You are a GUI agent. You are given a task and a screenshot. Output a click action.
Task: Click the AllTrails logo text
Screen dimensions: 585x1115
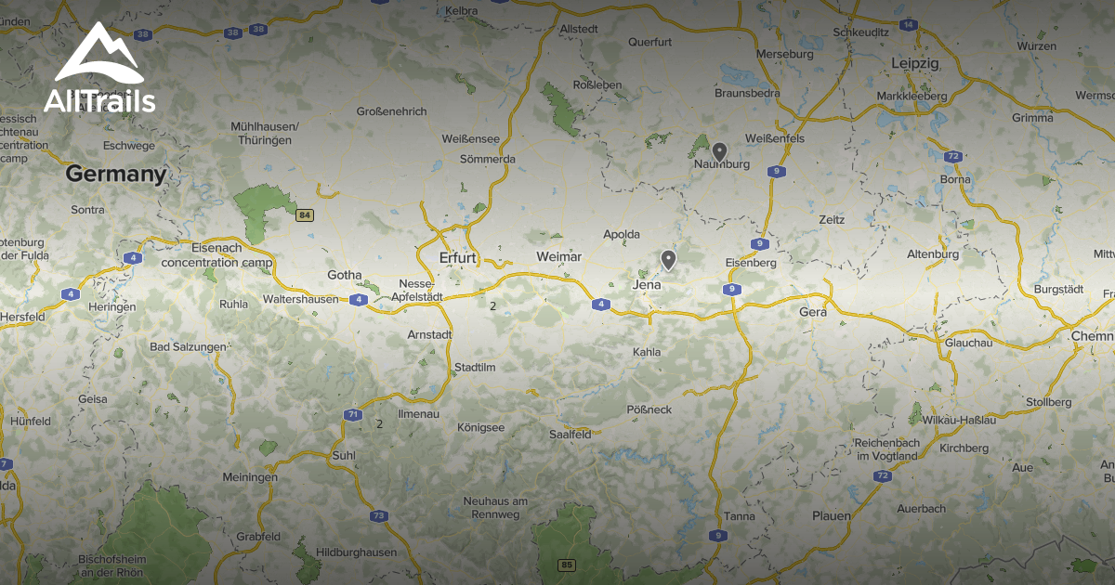coord(99,101)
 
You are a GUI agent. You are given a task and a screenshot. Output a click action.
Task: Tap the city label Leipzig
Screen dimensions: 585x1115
coord(914,63)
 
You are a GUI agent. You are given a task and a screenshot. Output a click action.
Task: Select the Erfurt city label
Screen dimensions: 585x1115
coord(458,257)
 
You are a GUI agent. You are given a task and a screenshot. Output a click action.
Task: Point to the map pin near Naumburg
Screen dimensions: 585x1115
coord(719,150)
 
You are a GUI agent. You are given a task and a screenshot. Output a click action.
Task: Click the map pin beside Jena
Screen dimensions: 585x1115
coord(667,259)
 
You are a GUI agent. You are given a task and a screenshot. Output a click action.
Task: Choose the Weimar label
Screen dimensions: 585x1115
coord(558,256)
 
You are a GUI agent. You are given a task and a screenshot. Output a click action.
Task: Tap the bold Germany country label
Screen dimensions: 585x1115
coord(115,174)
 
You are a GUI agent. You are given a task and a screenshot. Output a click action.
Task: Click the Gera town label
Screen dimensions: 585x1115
coord(812,312)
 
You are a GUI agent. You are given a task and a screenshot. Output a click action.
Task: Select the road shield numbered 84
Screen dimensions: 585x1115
coord(304,215)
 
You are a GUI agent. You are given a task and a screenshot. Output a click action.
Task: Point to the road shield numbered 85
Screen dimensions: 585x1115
coord(567,565)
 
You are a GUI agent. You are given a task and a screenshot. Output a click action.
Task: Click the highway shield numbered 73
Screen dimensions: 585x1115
coord(378,515)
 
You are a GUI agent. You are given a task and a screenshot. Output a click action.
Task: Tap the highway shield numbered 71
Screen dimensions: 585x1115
coord(352,414)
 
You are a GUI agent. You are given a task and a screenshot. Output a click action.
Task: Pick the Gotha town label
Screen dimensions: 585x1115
coord(343,275)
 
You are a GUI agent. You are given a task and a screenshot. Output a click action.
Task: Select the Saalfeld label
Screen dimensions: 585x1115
coord(571,434)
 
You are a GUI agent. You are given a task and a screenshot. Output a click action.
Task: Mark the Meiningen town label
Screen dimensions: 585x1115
coord(250,476)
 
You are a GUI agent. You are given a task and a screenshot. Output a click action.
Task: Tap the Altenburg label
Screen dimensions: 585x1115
coord(932,253)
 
